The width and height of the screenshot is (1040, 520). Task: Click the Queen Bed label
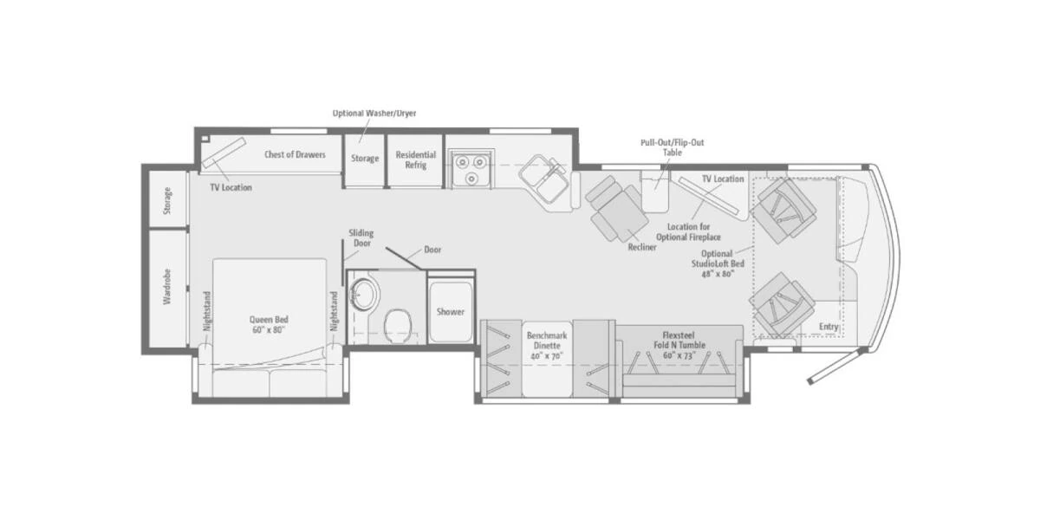269,324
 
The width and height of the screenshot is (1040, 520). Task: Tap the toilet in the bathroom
399,325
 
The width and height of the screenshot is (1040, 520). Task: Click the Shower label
451,311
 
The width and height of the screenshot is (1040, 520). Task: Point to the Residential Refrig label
415,159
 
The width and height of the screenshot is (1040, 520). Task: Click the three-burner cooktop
471,168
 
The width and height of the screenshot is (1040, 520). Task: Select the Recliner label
642,248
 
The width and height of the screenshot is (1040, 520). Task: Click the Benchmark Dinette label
547,346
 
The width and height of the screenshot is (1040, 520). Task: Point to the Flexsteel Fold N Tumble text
679,345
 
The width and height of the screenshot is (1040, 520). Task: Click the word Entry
829,327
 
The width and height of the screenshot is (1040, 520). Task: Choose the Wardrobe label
167,287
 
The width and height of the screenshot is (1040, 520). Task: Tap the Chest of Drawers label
295,154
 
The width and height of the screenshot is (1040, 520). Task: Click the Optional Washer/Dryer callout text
374,114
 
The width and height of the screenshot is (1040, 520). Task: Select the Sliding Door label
361,237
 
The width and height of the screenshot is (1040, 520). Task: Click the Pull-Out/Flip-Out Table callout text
673,147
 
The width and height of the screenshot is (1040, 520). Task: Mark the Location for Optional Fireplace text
688,231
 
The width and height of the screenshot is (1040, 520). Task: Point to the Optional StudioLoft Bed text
718,263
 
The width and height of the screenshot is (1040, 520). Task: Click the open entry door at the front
835,367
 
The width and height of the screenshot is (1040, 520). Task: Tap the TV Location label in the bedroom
231,187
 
